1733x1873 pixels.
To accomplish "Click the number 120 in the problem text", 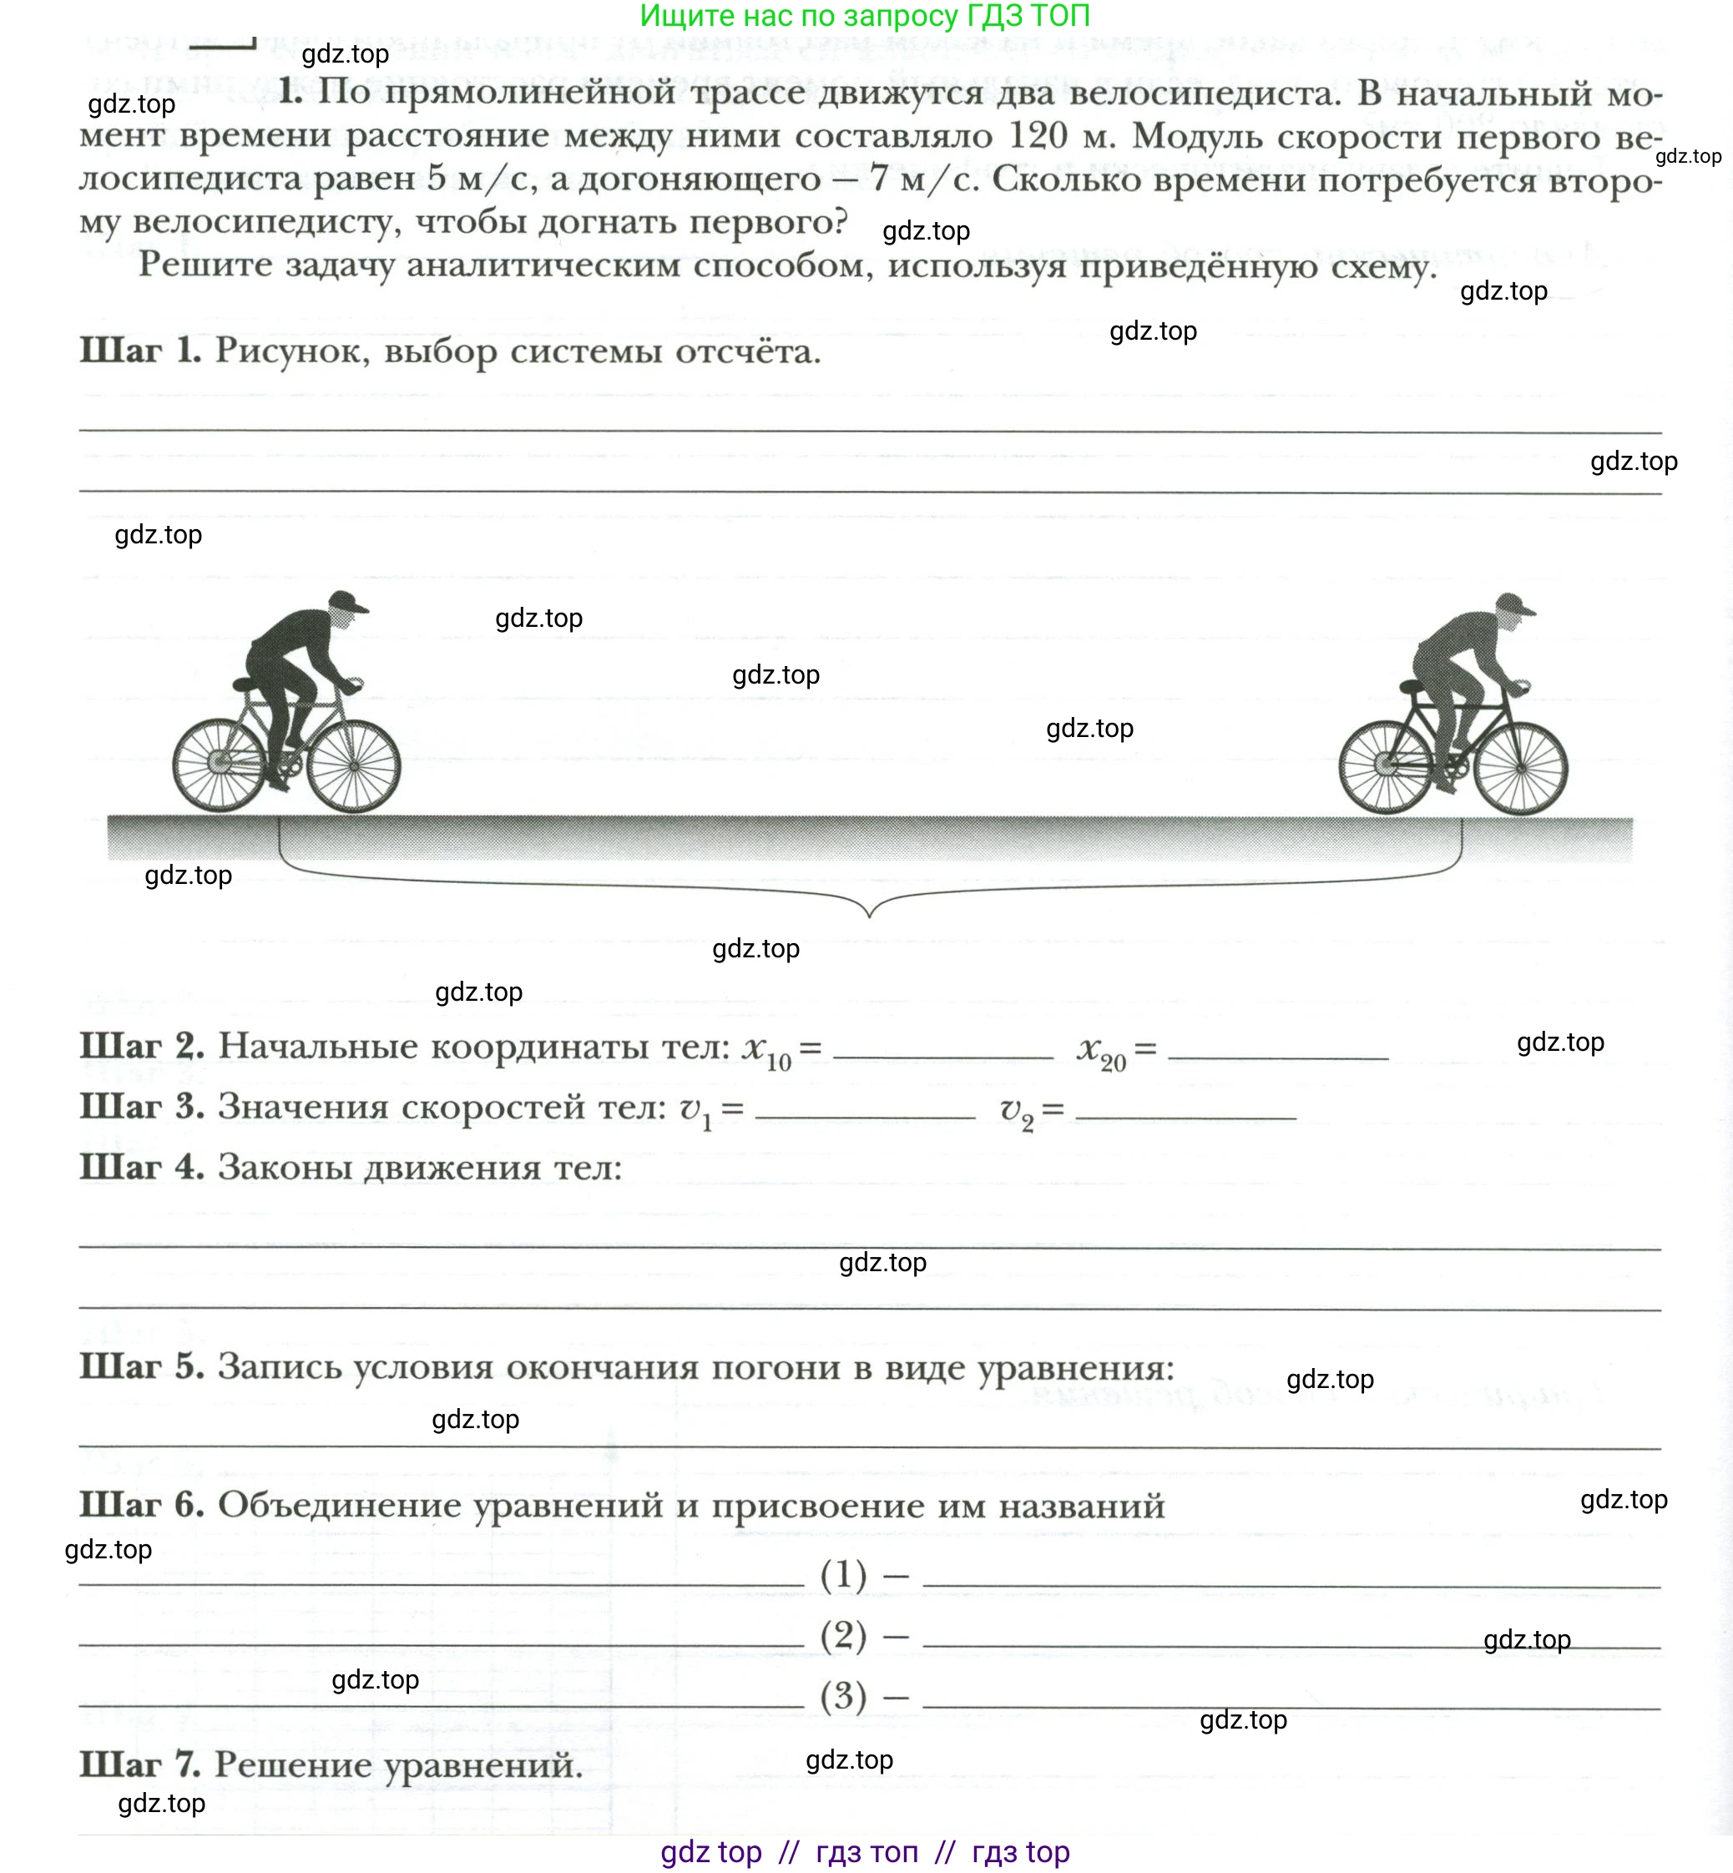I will pyautogui.click(x=1038, y=136).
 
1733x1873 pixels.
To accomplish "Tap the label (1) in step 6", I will pyautogui.click(x=843, y=1574).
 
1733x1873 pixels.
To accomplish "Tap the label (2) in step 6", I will pyautogui.click(x=843, y=1635).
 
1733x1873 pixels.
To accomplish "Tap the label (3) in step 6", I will pyautogui.click(x=843, y=1696).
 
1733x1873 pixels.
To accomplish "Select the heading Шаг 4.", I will pyautogui.click(x=142, y=1167).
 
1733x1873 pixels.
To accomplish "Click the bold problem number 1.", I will pyautogui.click(x=290, y=91).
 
